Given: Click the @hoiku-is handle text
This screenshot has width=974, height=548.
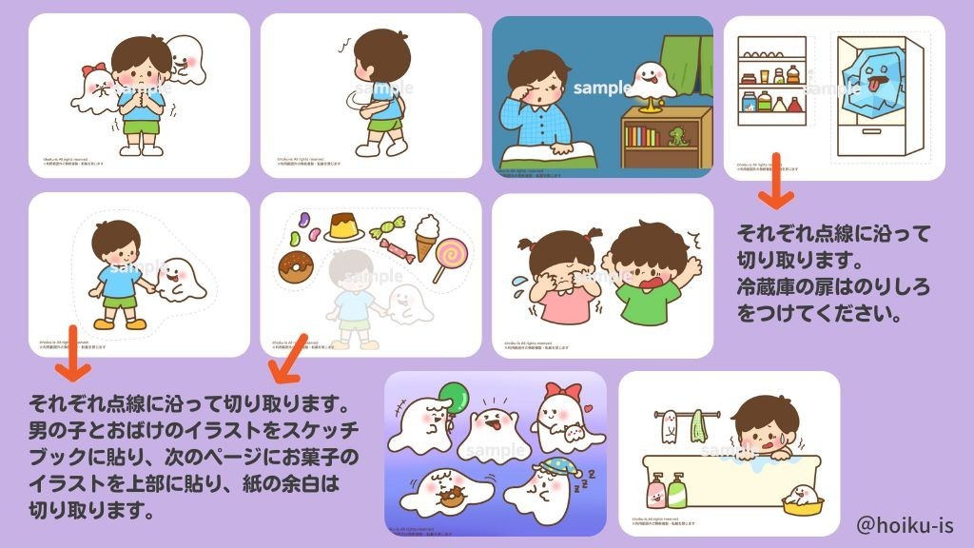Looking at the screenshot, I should click(905, 524).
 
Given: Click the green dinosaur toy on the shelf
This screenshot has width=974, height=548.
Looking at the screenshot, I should click(679, 136).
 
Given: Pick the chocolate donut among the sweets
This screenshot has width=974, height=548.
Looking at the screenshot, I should click(296, 266).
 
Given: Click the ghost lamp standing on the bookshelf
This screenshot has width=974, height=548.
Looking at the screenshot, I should click(648, 82).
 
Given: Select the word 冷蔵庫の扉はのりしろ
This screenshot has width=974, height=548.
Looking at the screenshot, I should click(833, 284).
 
